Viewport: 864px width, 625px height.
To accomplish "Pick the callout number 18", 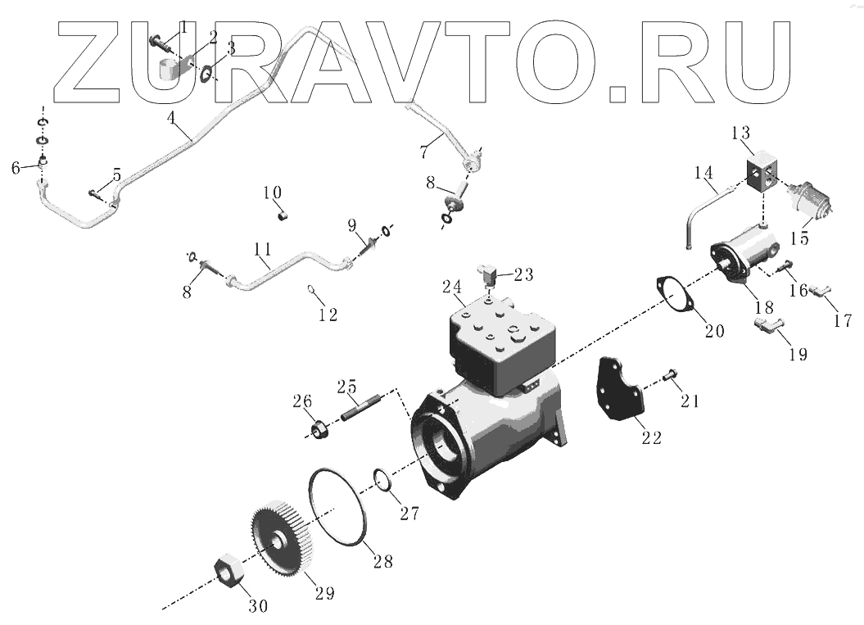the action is [x=763, y=308].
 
